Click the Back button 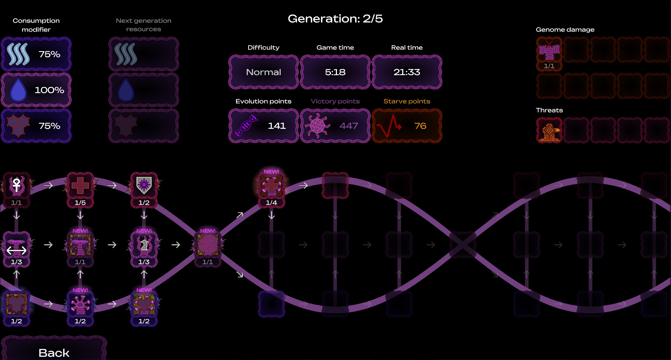[x=54, y=352]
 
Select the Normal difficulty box [x=264, y=72]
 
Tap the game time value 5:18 [x=335, y=72]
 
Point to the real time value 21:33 [x=407, y=72]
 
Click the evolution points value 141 [x=277, y=126]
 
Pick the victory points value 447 [x=348, y=126]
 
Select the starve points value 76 [x=420, y=126]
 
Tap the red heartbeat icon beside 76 [x=389, y=126]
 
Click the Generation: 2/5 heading [x=335, y=19]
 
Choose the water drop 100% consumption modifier [x=36, y=90]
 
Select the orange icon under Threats [x=549, y=130]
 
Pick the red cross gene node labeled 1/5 [x=80, y=186]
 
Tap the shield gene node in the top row [x=144, y=186]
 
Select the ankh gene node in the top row [x=16, y=186]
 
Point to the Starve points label [x=407, y=101]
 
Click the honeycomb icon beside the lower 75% [x=18, y=126]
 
